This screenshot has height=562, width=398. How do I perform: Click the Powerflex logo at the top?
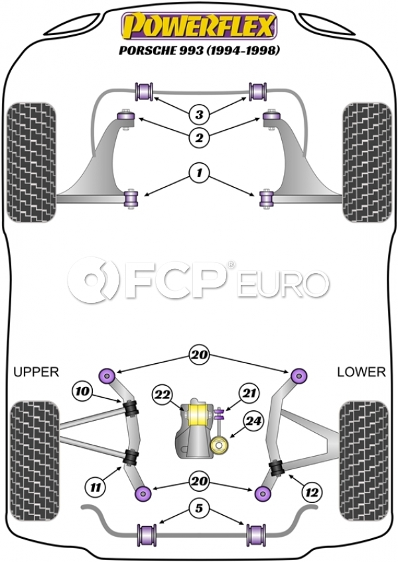198,26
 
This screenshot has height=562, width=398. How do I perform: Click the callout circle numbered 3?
198,115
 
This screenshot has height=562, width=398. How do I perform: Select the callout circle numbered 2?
198,138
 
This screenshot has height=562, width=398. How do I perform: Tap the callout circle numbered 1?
198,175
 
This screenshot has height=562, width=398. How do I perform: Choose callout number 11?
98,487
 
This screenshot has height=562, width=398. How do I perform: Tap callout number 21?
248,394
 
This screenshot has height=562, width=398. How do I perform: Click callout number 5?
198,510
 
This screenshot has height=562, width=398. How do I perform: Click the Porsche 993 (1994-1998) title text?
198,50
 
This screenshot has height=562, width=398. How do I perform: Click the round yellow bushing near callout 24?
218,446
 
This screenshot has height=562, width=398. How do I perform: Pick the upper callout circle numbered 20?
198,354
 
